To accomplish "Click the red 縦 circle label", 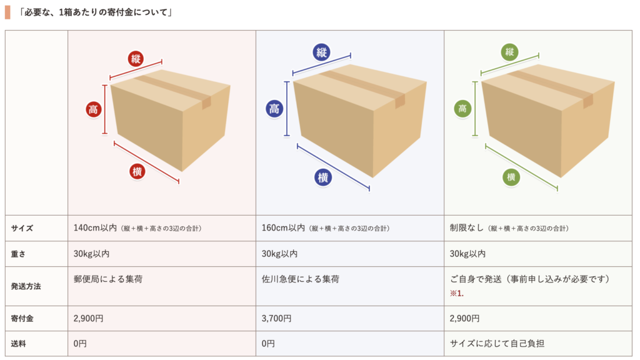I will (x=136, y=59).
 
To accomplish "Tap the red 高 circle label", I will (x=94, y=110).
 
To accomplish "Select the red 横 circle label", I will (x=137, y=171).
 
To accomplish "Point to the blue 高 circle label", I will (x=274, y=109).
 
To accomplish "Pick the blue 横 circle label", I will (x=322, y=177).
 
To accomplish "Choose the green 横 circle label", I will (x=511, y=177).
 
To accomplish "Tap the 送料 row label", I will (x=19, y=344).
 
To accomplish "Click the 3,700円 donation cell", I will (x=276, y=319).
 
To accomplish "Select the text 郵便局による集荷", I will (x=108, y=279).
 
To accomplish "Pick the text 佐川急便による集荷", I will (x=301, y=279).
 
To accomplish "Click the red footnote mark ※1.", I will (x=456, y=293).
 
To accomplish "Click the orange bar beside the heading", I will (x=7, y=12).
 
